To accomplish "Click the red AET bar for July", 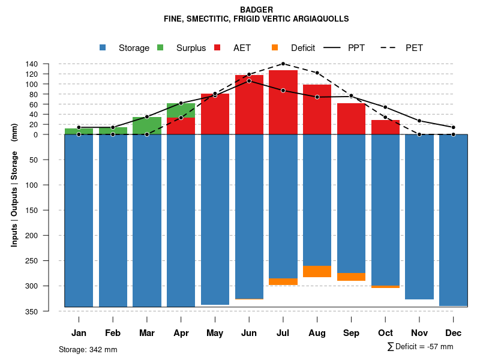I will [x=283, y=102].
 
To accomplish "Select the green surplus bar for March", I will [x=147, y=125].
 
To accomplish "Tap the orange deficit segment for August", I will [x=317, y=271].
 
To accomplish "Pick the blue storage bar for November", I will [x=419, y=216].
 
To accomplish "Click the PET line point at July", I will [x=283, y=64].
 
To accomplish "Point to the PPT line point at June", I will [x=249, y=80].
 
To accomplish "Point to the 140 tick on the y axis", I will [x=32, y=64].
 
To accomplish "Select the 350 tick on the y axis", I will [x=32, y=311].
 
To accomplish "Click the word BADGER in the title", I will [x=256, y=10].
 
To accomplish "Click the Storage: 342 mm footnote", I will [x=88, y=349].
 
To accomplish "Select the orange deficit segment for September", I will [x=352, y=277].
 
